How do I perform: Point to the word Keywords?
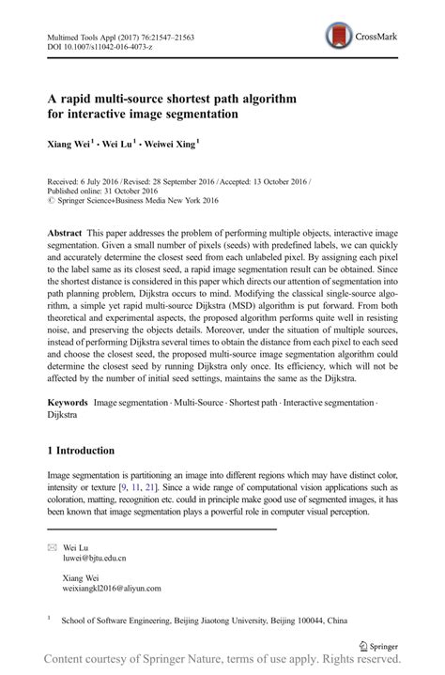[x=69, y=403]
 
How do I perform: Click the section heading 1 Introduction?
[x=94, y=451]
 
